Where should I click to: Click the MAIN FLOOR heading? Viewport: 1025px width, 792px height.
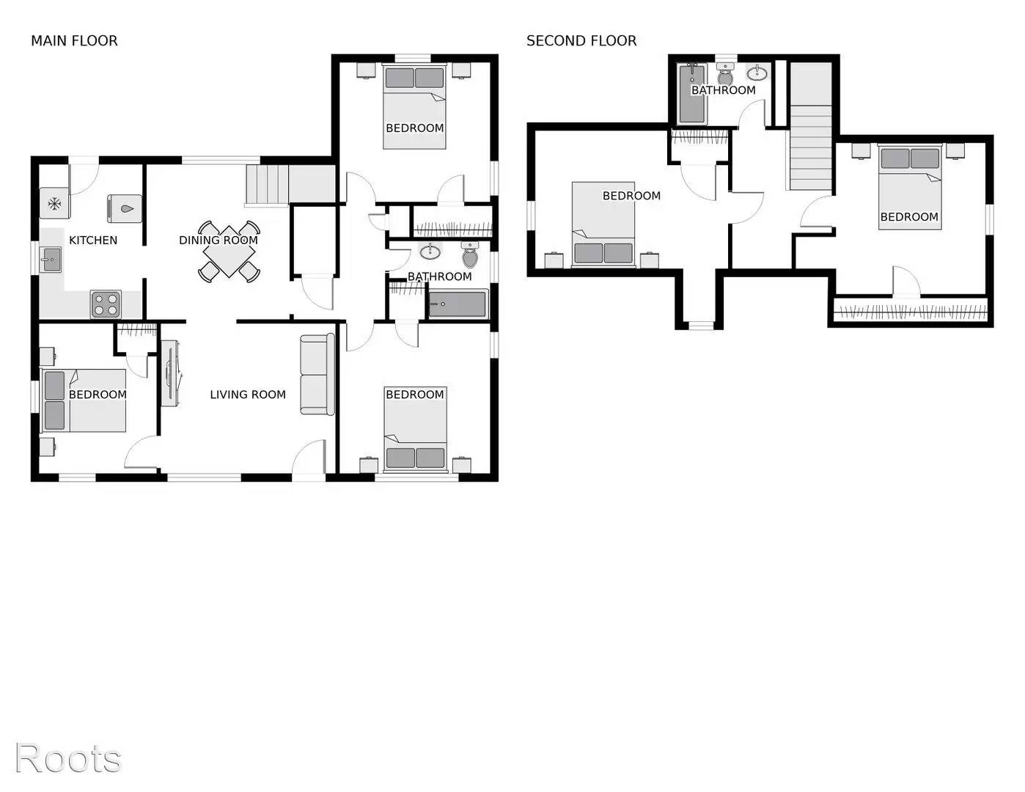point(74,41)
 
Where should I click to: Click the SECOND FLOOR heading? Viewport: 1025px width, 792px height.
point(581,41)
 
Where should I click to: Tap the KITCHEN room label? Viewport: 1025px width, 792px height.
point(93,240)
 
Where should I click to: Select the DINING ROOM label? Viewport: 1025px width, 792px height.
point(218,240)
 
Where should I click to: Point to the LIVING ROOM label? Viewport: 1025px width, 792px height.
point(248,395)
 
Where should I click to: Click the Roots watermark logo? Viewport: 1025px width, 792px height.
point(68,758)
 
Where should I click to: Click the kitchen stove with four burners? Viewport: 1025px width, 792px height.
point(106,304)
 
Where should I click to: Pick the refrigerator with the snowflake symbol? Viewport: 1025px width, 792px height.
point(54,204)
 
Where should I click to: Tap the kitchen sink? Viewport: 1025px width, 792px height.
point(51,259)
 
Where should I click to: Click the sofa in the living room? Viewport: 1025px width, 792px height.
point(317,374)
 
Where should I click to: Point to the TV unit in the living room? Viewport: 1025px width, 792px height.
point(170,373)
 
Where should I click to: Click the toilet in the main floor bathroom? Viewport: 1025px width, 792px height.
point(470,257)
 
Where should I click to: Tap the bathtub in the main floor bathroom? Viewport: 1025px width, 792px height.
point(458,304)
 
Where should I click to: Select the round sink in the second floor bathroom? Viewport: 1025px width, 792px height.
point(757,73)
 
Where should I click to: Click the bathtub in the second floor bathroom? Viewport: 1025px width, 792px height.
point(691,94)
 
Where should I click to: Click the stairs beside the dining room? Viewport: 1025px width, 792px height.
point(267,185)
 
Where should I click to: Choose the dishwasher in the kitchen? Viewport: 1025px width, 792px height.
point(125,208)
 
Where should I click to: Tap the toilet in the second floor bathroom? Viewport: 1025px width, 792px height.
point(725,76)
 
